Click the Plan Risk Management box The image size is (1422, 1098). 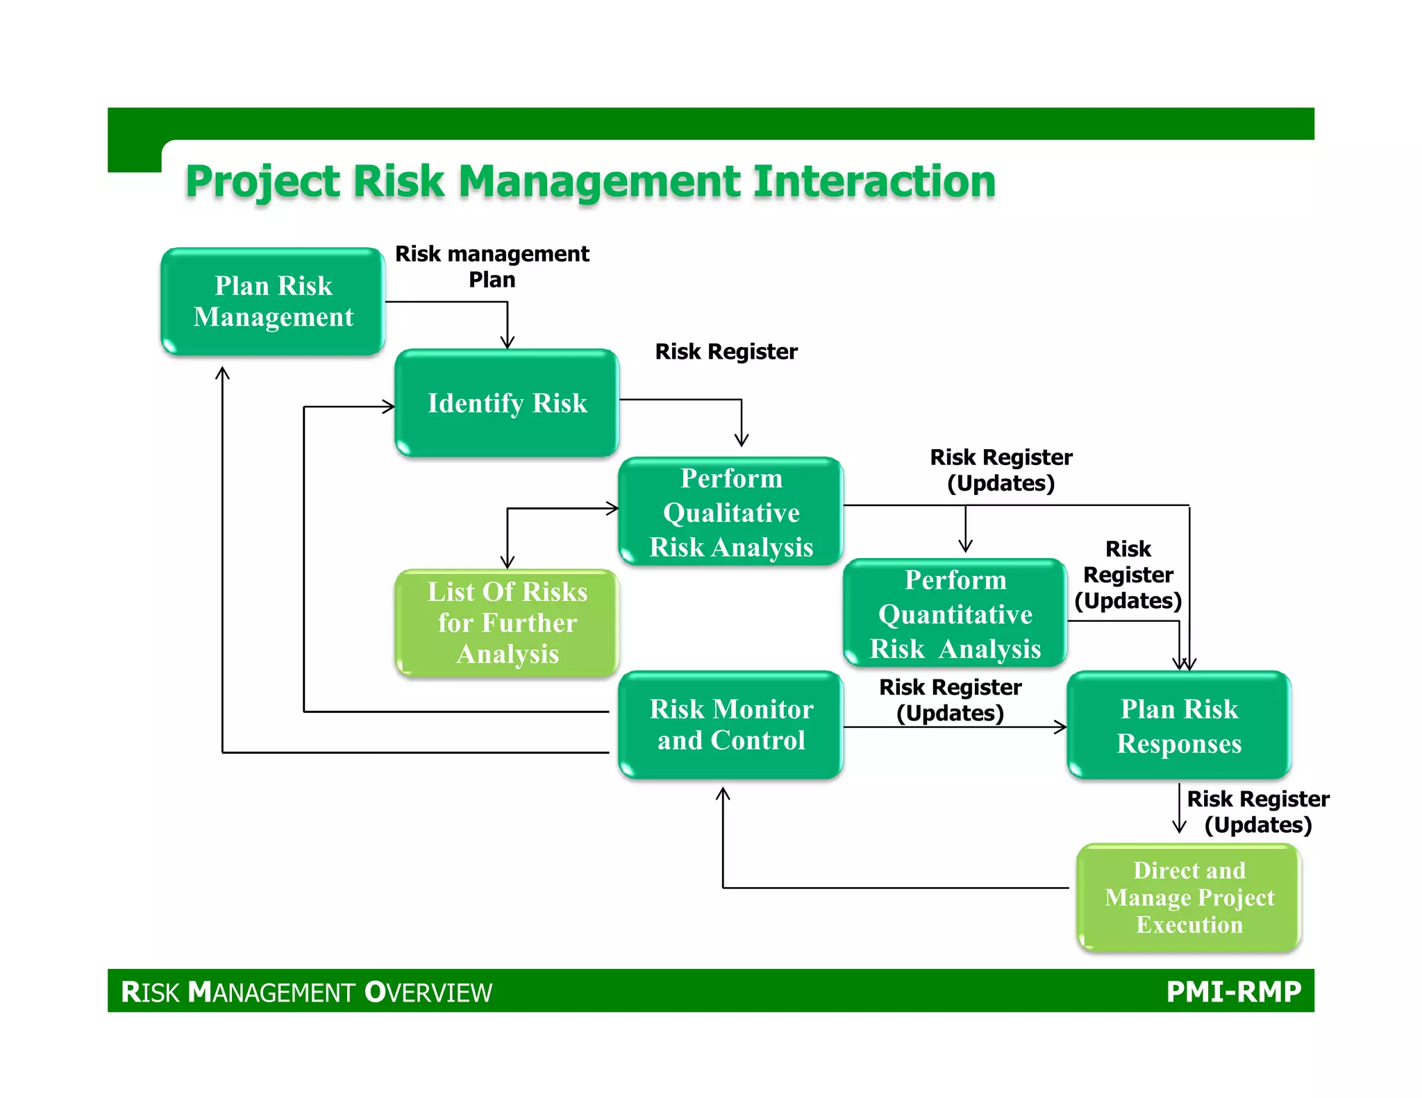[273, 302]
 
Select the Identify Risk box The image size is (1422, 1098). [507, 403]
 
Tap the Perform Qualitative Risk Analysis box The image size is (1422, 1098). [730, 512]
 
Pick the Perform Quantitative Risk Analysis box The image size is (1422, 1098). [955, 614]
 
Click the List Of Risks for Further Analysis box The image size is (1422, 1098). [507, 623]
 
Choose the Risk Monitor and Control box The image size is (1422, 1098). [730, 725]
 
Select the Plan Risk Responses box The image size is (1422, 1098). [1178, 725]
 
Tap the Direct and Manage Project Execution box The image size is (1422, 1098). [1189, 897]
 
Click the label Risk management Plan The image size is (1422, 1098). [492, 267]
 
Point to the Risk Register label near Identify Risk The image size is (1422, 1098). [726, 352]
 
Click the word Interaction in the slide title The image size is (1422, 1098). [874, 182]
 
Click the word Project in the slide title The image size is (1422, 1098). [263, 182]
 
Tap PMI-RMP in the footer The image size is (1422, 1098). [1233, 991]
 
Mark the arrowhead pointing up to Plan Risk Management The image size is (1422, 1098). [222, 373]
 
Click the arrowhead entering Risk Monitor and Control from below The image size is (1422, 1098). [723, 794]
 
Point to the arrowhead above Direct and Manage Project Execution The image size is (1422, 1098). [1179, 827]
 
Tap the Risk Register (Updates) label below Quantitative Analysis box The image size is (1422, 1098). [950, 700]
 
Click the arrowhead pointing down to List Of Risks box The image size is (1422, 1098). [508, 562]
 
